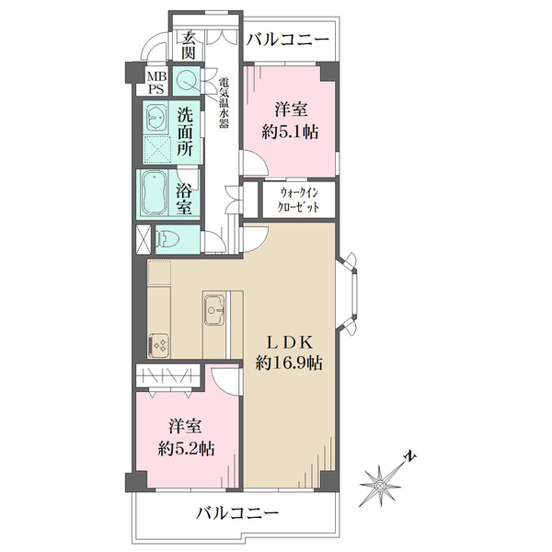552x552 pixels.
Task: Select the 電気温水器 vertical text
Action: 222,101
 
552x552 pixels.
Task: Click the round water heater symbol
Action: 187,81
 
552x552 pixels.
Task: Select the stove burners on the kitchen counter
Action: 157,346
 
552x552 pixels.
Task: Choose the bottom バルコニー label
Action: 236,513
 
